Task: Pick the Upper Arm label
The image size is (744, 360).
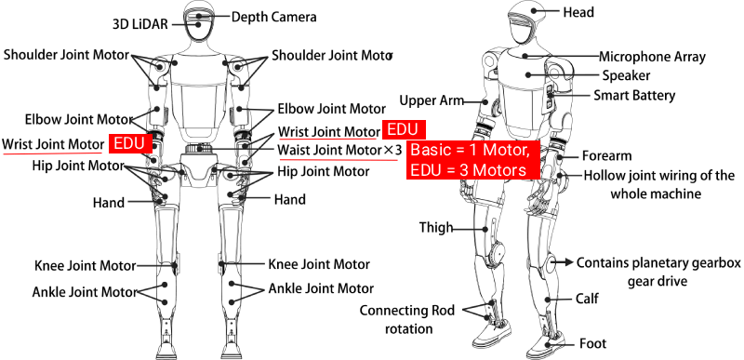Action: point(430,100)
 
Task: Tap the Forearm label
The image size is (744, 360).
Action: point(608,155)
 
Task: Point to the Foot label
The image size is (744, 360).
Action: point(594,342)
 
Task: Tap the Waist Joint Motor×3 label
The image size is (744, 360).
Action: point(339,150)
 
